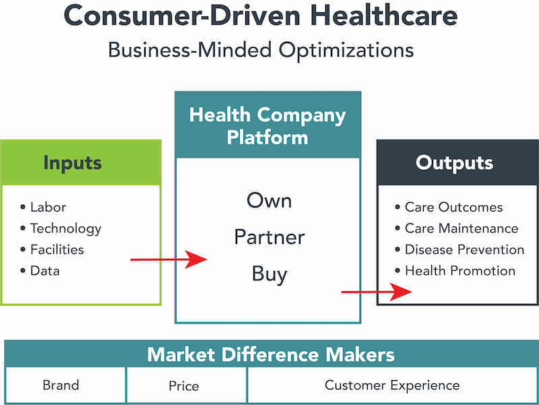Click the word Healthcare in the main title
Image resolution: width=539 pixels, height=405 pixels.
384,15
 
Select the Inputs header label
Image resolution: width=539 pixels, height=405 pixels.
73,163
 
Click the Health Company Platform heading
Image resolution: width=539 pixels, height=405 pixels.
267,126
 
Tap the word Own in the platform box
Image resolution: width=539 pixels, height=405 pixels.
269,200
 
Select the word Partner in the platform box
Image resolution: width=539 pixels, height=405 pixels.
269,237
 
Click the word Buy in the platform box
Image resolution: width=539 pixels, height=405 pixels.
269,275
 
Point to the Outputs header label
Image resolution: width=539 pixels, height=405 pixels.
454,162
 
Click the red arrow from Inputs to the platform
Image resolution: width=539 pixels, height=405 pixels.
168,259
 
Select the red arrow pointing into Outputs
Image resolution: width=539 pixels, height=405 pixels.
377,292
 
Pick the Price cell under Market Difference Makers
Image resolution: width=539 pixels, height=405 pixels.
183,386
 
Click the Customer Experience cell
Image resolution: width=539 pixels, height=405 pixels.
392,385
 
